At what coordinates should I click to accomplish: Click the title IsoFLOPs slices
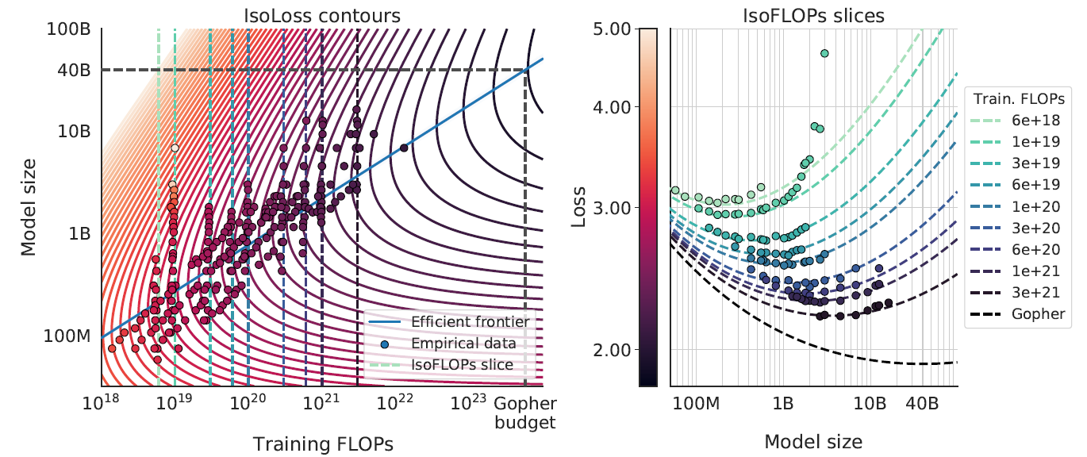[814, 13]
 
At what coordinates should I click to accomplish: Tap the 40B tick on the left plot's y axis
[74, 71]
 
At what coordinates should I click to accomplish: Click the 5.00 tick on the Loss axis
[613, 29]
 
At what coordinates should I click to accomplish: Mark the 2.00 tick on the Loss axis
[613, 350]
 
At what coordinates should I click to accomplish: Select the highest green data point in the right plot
[824, 53]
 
